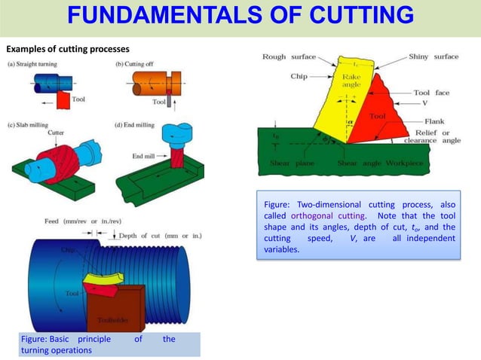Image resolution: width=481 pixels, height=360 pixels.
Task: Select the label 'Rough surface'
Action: pos(289,57)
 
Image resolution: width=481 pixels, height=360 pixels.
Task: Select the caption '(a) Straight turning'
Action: pos(34,64)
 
